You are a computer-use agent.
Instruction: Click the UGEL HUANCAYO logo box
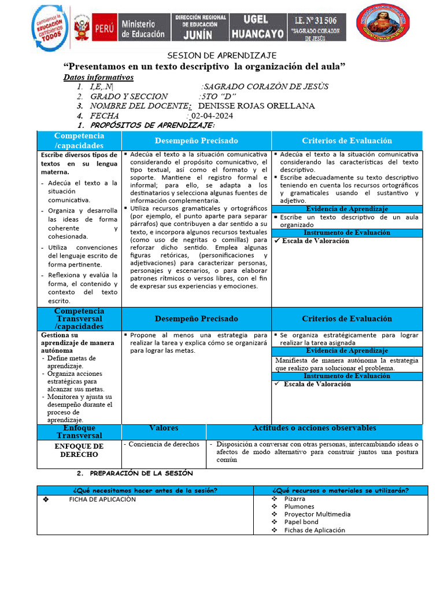258,27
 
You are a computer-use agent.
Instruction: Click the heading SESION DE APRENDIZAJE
222,56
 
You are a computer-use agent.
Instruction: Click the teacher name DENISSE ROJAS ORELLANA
256,106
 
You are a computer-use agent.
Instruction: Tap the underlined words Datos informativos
98,77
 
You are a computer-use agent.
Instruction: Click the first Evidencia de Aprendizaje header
347,208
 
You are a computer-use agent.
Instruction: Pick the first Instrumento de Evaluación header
347,232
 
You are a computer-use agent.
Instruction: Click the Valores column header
164,428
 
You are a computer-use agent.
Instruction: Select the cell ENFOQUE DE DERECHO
79,451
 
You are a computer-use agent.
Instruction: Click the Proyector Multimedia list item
317,514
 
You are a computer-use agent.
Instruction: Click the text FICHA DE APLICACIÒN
102,499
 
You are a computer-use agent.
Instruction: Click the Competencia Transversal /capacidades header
79,319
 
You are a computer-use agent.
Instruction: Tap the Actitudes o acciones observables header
314,428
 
